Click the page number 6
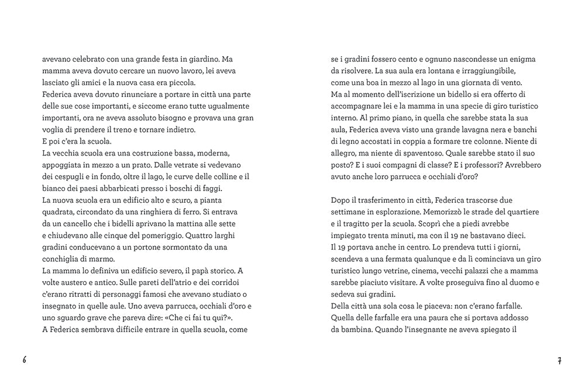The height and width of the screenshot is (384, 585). (x=25, y=360)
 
